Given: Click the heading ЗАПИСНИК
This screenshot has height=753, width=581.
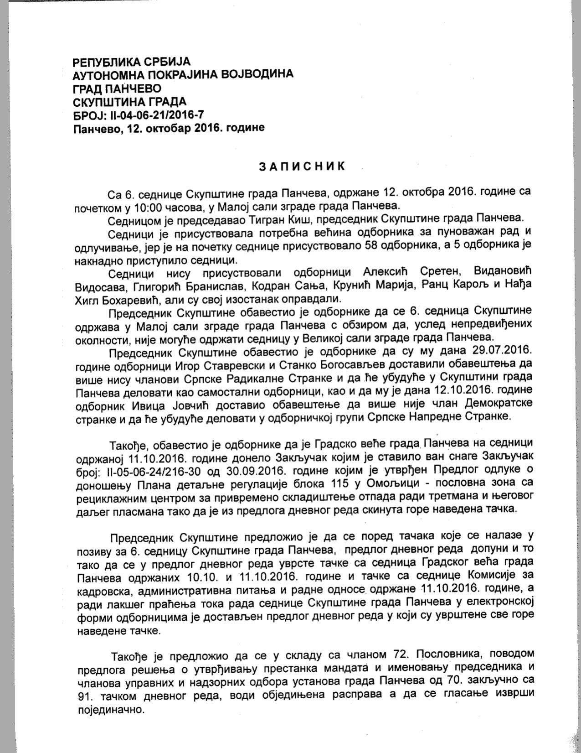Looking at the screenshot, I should (302, 166).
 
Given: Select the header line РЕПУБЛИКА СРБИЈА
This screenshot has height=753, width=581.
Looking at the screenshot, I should (132, 62).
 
